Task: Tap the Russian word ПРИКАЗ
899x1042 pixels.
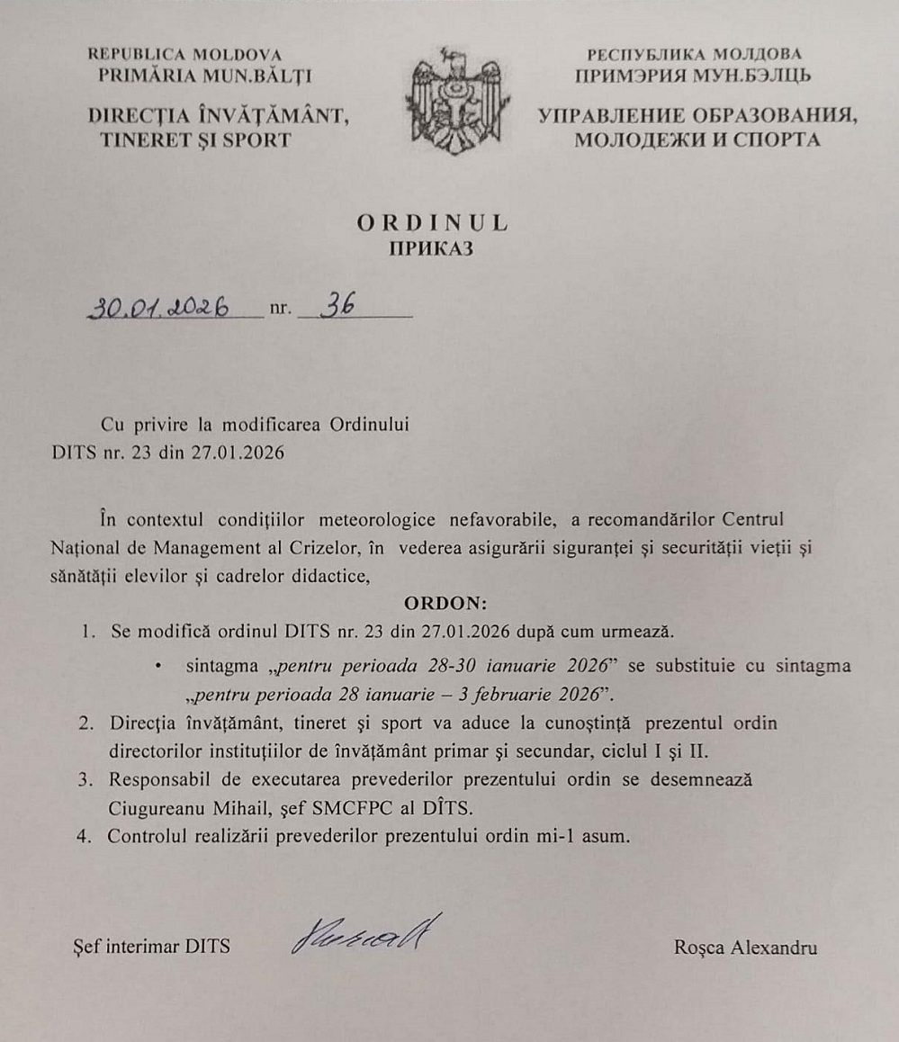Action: (430, 248)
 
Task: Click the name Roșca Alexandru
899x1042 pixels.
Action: (745, 947)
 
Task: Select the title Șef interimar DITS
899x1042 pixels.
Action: (150, 947)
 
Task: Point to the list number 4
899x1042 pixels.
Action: (85, 836)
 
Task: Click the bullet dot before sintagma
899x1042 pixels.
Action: (158, 667)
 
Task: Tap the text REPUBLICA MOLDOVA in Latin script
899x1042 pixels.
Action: (185, 54)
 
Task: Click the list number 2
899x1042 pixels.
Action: (85, 723)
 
